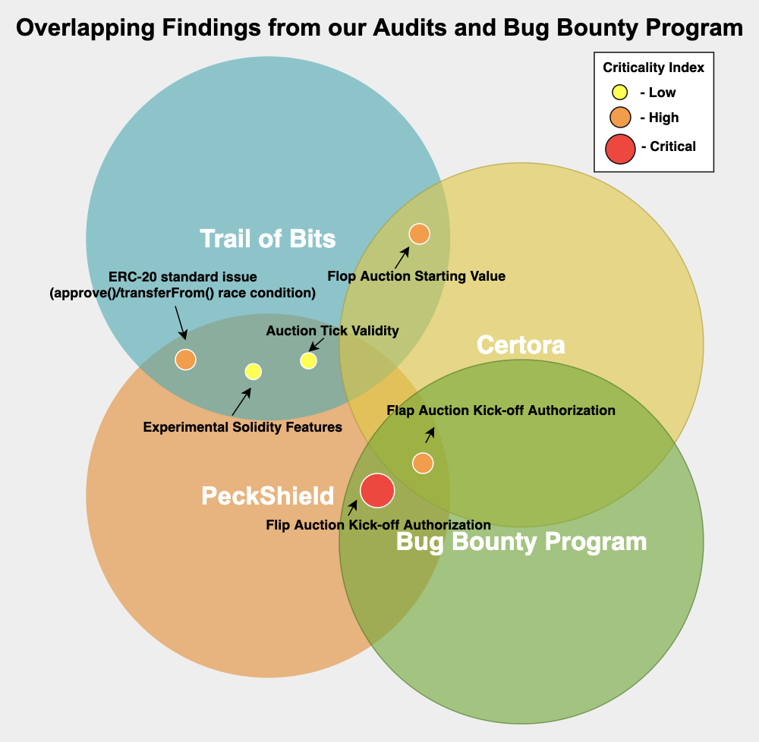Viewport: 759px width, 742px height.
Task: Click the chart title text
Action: (x=379, y=28)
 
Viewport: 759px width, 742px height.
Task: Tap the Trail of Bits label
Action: (x=268, y=238)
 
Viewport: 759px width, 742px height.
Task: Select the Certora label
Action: (x=521, y=345)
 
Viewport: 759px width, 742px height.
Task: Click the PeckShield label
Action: (x=268, y=495)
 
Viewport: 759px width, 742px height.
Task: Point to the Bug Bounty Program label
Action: (x=521, y=542)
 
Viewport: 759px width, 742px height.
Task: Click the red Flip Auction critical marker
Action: (x=377, y=490)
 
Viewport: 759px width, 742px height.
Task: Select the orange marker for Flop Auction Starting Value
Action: (x=419, y=234)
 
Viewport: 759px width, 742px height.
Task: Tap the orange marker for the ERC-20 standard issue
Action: (x=186, y=360)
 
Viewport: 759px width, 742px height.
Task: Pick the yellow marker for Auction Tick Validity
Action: (x=308, y=360)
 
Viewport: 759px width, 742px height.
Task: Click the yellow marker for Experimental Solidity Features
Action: (x=254, y=371)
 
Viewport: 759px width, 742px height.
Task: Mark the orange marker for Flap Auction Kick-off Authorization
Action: (x=423, y=463)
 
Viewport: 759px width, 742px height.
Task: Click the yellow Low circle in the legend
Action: (x=620, y=93)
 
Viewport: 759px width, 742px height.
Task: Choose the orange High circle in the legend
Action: (x=620, y=118)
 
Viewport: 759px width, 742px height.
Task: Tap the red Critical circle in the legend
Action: (x=620, y=147)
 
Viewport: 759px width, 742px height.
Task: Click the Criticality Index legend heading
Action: (x=653, y=68)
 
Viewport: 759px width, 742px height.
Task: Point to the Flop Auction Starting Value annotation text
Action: (x=417, y=276)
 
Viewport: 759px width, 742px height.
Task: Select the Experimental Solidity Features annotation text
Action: (x=243, y=427)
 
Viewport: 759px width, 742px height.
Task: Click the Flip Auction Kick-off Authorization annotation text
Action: (x=379, y=524)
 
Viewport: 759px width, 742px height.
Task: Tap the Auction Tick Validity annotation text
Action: (x=332, y=331)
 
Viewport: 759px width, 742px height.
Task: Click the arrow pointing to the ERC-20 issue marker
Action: (x=180, y=322)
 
